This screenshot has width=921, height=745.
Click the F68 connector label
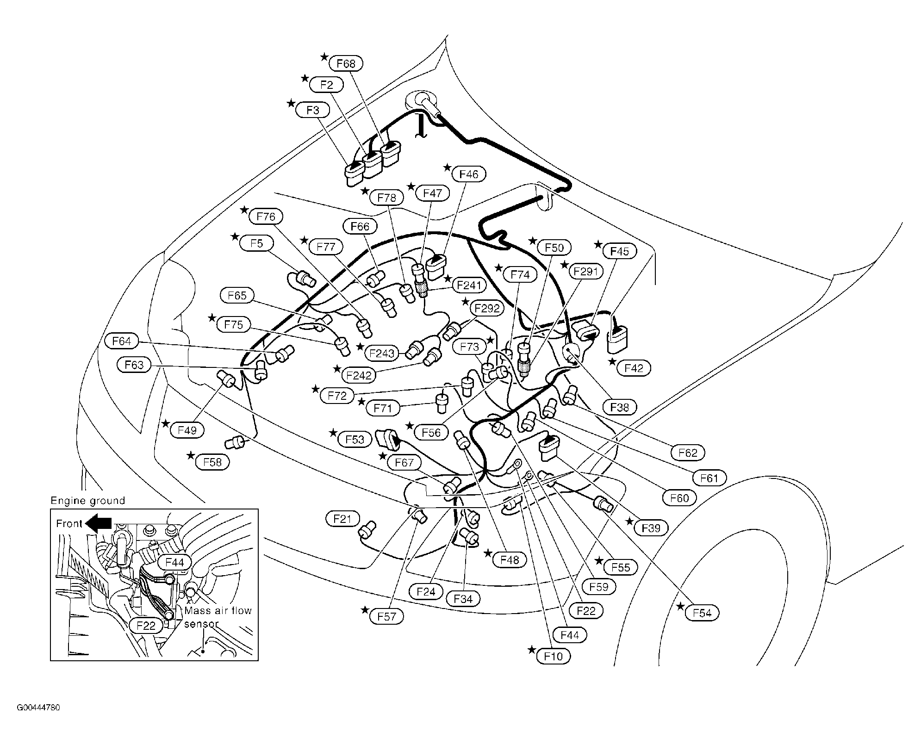pos(346,63)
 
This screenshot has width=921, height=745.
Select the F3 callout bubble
pos(313,110)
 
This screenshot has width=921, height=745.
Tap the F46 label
pos(469,174)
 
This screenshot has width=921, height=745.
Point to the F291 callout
pos(586,271)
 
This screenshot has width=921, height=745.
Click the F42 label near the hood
pos(634,368)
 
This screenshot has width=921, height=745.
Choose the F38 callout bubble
pos(620,407)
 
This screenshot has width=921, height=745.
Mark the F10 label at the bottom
pos(554,656)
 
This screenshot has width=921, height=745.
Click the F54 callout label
pos(702,613)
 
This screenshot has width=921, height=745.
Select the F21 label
pos(342,519)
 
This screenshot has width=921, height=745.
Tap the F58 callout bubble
pos(212,462)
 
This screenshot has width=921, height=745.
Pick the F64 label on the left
pos(122,341)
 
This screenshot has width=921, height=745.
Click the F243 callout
pos(382,354)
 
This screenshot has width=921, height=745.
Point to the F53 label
pos(355,439)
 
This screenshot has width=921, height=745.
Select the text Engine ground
pos(88,501)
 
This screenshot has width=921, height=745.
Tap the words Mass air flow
pos(218,610)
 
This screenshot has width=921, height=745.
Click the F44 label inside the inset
pos(174,562)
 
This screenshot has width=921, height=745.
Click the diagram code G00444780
pos(38,721)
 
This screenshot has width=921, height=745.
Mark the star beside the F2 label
pos(305,78)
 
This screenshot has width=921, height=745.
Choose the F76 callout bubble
pos(266,216)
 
